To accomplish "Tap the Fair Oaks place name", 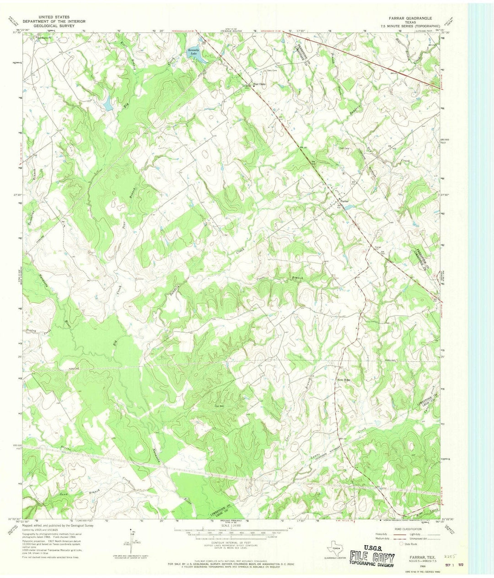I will (259, 84).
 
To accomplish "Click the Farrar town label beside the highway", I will (344, 201).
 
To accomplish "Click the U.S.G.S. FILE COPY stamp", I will (372, 557).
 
